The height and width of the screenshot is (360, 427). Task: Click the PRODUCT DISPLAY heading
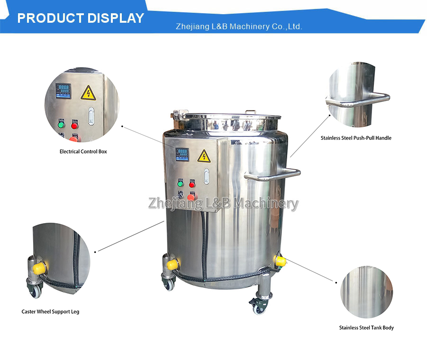[81, 18]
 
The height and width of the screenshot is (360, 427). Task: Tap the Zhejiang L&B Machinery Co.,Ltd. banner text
[239, 27]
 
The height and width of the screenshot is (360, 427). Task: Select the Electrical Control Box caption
[83, 152]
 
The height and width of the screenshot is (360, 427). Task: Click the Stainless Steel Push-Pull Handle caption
[356, 138]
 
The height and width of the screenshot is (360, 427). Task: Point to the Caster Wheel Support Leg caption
[50, 312]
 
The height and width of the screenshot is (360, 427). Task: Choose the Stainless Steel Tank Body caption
[366, 328]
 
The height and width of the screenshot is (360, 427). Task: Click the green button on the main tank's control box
[180, 184]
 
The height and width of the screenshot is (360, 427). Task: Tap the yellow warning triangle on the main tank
[204, 156]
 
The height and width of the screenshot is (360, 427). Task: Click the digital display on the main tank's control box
[182, 154]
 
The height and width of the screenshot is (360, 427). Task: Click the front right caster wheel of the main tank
[259, 307]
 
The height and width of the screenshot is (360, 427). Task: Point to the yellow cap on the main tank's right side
[281, 261]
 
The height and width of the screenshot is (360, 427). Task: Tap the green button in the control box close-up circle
[61, 125]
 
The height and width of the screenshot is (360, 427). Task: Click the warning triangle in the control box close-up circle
[88, 93]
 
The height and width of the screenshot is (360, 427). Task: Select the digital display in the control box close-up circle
[64, 91]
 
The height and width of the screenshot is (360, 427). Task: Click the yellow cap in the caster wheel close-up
[39, 268]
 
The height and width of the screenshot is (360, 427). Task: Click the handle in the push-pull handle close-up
[358, 100]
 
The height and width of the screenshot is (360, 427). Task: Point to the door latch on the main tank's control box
[207, 176]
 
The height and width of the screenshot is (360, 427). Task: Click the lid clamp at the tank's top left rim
[180, 114]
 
